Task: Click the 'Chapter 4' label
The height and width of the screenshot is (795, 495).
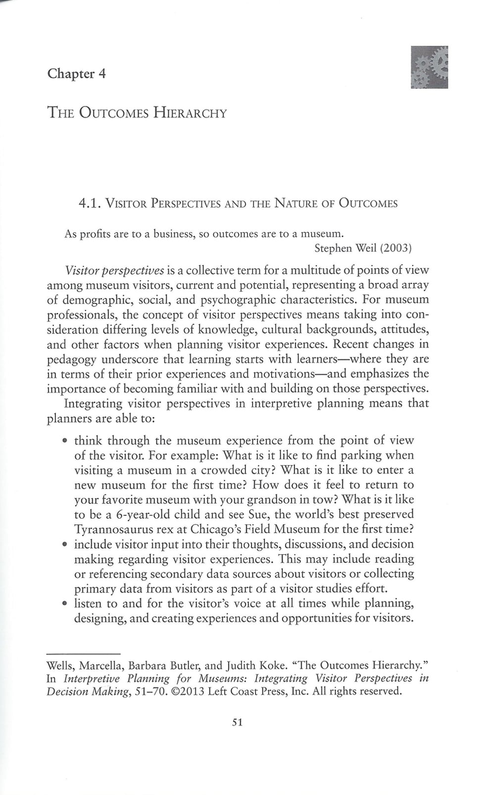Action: pyautogui.click(x=76, y=74)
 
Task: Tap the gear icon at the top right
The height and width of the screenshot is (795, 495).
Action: pyautogui.click(x=429, y=67)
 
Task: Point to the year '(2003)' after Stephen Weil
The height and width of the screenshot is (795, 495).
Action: pyautogui.click(x=396, y=248)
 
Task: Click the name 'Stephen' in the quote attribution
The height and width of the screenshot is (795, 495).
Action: pyautogui.click(x=333, y=248)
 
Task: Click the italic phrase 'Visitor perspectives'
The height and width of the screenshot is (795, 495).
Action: pyautogui.click(x=114, y=270)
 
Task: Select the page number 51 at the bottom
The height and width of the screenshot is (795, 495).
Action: pyautogui.click(x=237, y=722)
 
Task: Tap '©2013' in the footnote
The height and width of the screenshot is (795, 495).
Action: pyautogui.click(x=187, y=691)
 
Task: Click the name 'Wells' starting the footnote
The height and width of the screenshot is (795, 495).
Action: pyautogui.click(x=60, y=665)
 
